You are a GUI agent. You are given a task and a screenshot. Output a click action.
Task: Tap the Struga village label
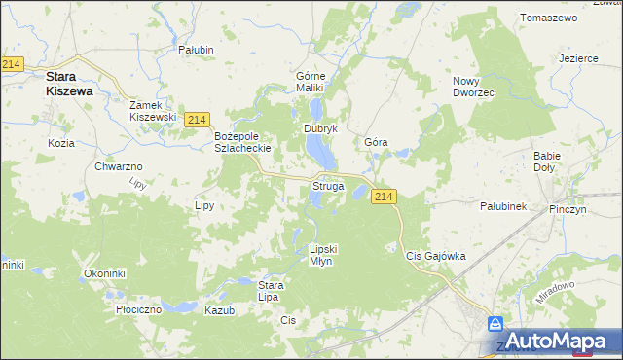pyautogui.click(x=328, y=185)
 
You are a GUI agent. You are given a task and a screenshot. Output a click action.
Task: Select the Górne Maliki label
pyautogui.click(x=314, y=82)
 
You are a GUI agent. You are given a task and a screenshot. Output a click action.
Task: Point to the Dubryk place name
pyautogui.click(x=320, y=128)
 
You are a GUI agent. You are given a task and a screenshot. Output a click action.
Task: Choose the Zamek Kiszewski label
pyautogui.click(x=153, y=110)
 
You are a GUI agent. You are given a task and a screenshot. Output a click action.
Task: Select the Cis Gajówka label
pyautogui.click(x=435, y=256)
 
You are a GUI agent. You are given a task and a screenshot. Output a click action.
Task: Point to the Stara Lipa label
pyautogui.click(x=270, y=291)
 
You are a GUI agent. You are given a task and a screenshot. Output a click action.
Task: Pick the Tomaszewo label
pyautogui.click(x=550, y=18)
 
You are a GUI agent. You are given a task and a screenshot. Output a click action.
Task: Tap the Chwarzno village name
pyautogui.click(x=119, y=167)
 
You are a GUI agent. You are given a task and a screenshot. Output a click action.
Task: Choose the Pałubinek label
pyautogui.click(x=503, y=206)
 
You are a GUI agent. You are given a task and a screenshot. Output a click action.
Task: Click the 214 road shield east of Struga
pyautogui.click(x=384, y=197)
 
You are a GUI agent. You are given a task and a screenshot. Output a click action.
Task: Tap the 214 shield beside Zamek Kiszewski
pyautogui.click(x=197, y=119)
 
